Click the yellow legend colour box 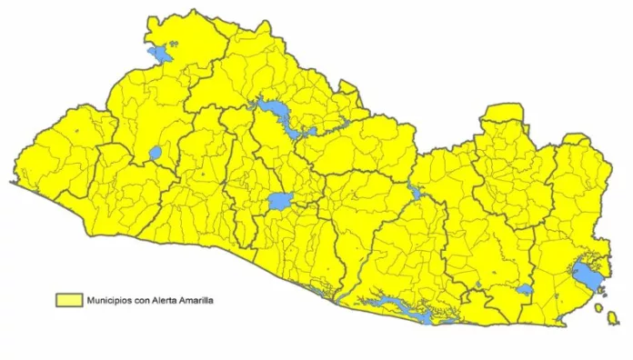pos(68,298)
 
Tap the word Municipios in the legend pos(110,298)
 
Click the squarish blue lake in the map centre pos(279,200)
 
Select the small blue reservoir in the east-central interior pos(415,193)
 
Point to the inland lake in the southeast pos(525,290)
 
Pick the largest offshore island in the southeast pos(599,309)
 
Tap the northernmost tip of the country pos(194,10)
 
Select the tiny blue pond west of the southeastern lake pos(492,273)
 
